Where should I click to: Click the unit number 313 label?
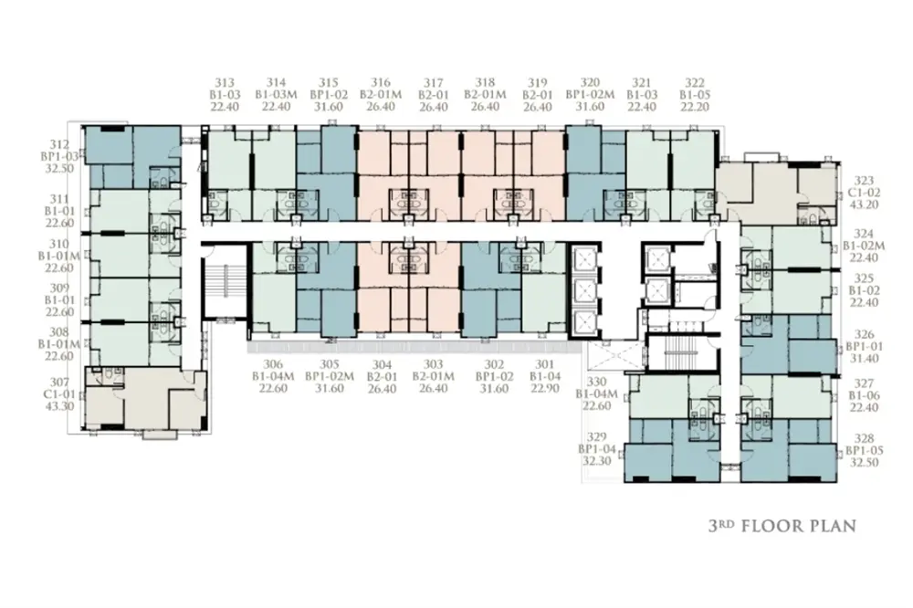[225, 83]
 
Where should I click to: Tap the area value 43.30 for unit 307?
[60, 406]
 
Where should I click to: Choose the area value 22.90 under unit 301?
[545, 389]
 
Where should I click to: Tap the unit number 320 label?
[590, 83]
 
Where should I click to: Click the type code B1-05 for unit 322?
[695, 94]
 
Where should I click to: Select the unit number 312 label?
[60, 144]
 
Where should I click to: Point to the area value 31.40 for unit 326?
[864, 358]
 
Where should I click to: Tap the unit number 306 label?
[273, 364]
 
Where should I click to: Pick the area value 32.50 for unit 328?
[864, 463]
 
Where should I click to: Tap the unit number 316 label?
[381, 83]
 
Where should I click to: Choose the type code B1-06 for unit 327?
[864, 395]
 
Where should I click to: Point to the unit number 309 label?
[60, 288]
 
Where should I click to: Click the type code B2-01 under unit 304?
[382, 377]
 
